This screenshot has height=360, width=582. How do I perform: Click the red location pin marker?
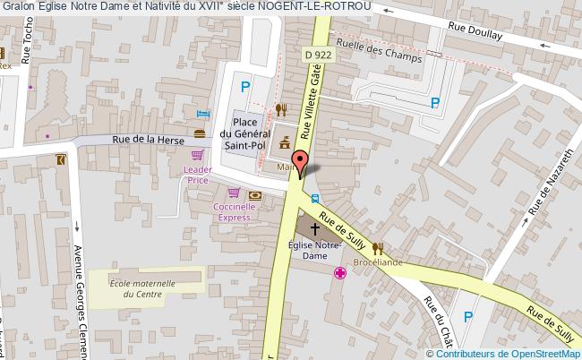(x=301, y=163)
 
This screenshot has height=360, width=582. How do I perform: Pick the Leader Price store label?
(x=197, y=175)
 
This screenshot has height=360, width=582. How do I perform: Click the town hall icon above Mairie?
(x=286, y=143)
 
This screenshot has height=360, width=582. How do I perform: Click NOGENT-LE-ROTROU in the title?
(x=312, y=7)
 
